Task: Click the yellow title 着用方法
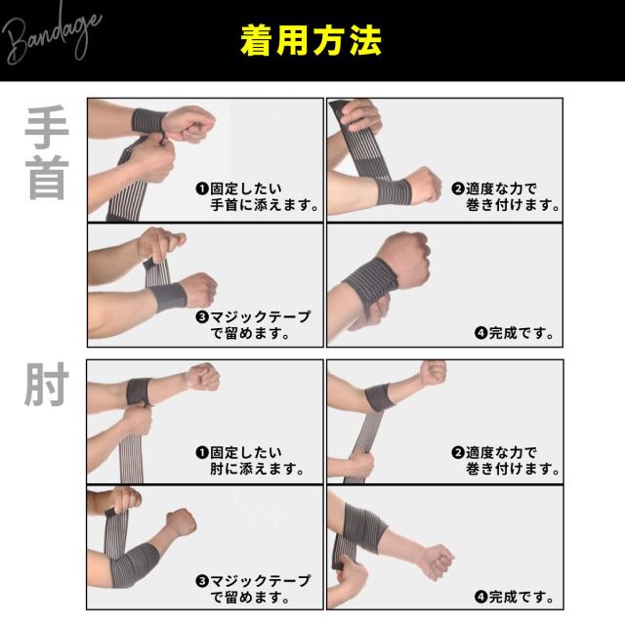pyautogui.click(x=312, y=42)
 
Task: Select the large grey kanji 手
pyautogui.click(x=46, y=126)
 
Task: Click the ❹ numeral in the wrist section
pyautogui.click(x=480, y=333)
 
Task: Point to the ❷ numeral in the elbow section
pyautogui.click(x=457, y=452)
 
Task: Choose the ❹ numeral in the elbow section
pyautogui.click(x=480, y=597)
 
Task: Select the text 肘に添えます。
pyautogui.click(x=257, y=469)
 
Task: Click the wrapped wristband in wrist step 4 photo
pyautogui.click(x=373, y=283)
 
